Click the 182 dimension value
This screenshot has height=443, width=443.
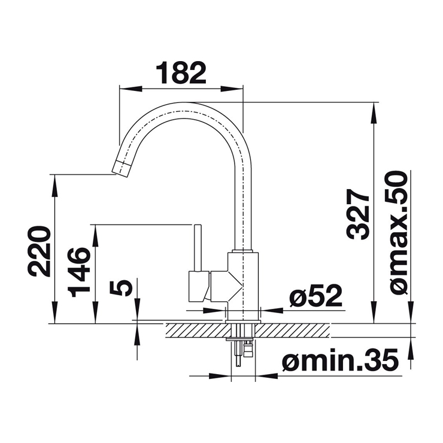[x=181, y=72]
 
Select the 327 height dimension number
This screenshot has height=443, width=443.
[x=358, y=214]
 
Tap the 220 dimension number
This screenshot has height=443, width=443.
[x=39, y=251]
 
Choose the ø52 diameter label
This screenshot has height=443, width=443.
[x=315, y=296]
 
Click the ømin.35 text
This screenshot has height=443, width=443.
[x=340, y=360]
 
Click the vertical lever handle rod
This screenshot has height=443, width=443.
[x=197, y=248]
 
